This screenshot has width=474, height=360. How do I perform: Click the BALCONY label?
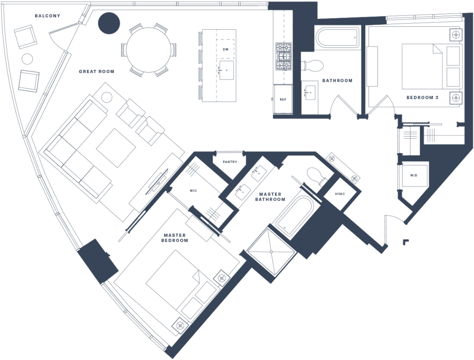(47, 16)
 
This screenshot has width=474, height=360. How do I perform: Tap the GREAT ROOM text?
(96, 72)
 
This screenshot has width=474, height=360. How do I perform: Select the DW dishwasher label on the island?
(225, 49)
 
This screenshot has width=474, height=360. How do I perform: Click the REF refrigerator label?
(283, 99)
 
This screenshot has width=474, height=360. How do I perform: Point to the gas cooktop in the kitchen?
(283, 56)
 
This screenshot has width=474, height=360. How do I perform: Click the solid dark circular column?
(109, 23)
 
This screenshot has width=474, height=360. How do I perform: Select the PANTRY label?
(230, 162)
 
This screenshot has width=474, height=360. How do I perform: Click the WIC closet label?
(193, 191)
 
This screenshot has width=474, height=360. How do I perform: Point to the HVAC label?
(340, 194)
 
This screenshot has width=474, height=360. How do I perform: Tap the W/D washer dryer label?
(413, 175)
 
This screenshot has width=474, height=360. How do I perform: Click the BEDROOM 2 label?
(422, 98)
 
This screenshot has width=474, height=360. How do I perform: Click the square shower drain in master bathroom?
(271, 251)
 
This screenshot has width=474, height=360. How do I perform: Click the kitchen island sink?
(226, 70)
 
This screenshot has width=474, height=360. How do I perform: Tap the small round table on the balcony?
(27, 59)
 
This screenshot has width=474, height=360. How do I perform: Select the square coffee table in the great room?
(116, 148)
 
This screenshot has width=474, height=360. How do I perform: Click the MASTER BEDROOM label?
(175, 238)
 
